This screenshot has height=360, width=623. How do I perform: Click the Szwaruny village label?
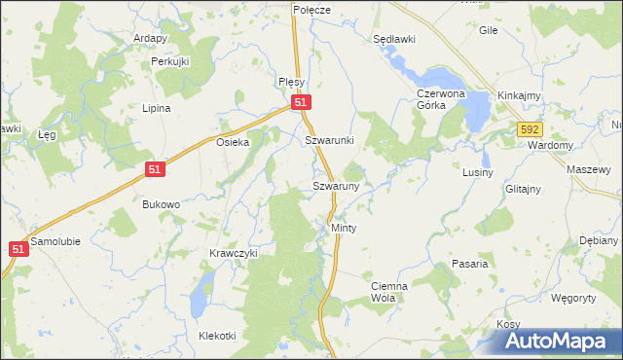[336, 185]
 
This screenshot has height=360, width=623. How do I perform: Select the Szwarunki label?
[329, 140]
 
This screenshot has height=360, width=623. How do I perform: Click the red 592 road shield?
[529, 128]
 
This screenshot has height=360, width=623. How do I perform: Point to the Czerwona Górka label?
[444, 100]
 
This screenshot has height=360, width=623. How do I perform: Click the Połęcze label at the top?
[312, 9]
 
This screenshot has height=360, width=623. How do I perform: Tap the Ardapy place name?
[153, 39]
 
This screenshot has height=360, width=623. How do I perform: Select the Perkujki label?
[169, 61]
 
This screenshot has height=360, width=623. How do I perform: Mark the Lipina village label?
[157, 108]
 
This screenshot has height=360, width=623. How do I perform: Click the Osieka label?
[233, 142]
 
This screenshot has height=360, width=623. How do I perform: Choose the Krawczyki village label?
[233, 253]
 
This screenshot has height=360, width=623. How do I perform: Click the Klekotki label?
[217, 336]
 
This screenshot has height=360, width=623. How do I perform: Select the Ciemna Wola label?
[389, 292]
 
